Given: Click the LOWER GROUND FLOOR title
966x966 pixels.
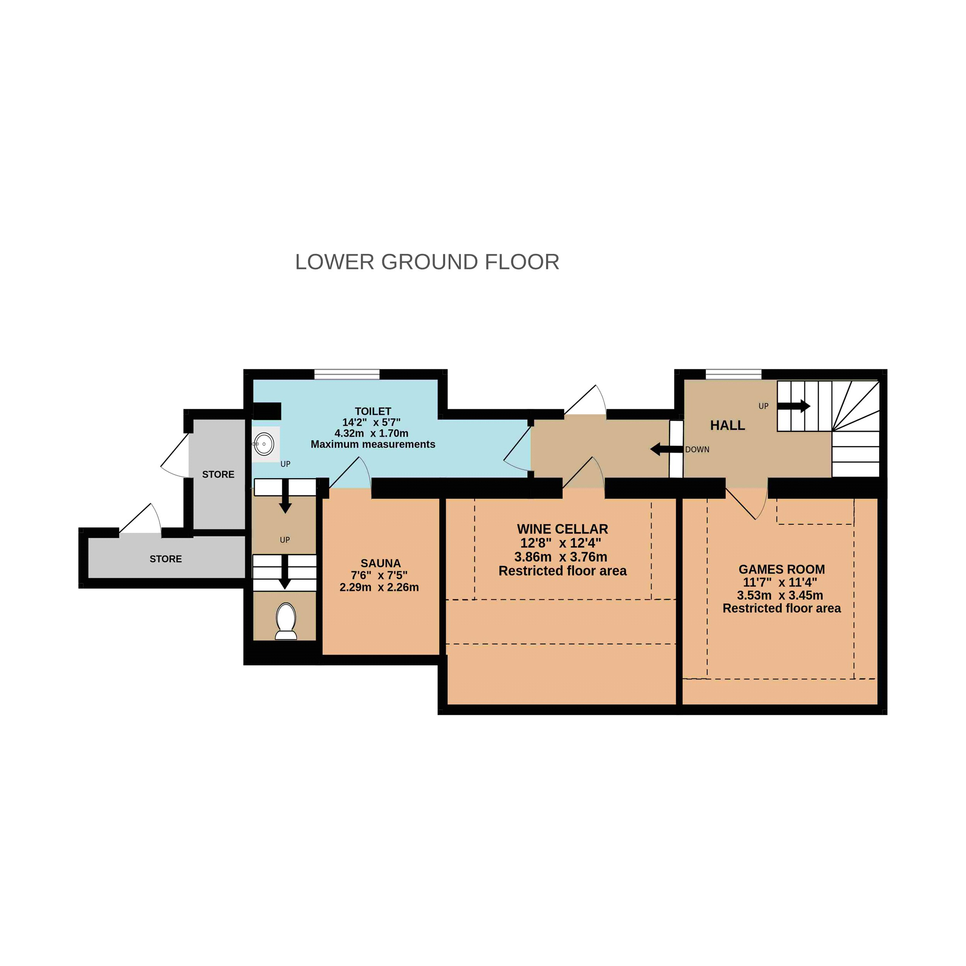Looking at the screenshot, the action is [427, 262].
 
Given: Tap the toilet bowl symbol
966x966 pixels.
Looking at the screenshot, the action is [286, 621].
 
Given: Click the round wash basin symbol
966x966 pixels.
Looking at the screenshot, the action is [264, 444].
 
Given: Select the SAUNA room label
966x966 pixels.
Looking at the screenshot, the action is [381, 563].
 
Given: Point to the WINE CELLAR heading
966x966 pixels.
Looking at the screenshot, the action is [563, 529].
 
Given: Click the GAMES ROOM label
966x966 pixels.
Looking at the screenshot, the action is [782, 569].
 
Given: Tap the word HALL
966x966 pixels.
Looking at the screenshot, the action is [728, 425].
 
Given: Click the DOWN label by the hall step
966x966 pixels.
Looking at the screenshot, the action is [697, 449].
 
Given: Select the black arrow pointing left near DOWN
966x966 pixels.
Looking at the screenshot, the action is [667, 449].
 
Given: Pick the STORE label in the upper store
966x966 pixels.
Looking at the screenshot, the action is [218, 474].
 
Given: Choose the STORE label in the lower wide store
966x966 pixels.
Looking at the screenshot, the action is [165, 559].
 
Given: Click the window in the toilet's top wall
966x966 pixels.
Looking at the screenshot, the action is [347, 374].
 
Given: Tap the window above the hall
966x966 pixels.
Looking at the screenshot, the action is [733, 374].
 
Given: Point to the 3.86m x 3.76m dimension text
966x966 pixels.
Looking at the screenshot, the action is [561, 557].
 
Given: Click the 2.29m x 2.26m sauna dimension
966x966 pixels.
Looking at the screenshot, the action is [379, 587].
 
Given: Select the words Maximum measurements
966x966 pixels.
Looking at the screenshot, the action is [373, 444].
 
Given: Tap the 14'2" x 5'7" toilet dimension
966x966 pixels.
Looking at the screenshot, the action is [371, 422].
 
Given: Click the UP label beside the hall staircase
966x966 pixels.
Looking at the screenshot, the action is [764, 406].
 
